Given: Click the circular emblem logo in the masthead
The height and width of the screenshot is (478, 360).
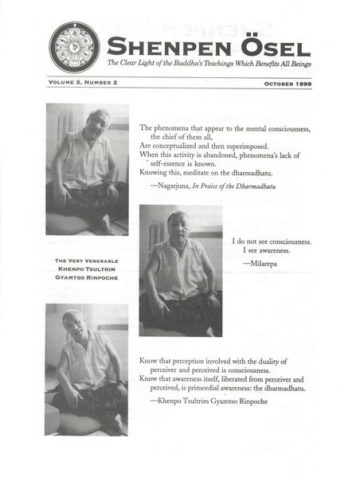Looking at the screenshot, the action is tap(74, 46).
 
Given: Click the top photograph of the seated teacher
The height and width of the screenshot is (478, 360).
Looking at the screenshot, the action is tap(88, 168).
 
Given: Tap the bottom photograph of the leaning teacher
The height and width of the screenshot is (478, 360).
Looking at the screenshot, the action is tap(88, 369).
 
